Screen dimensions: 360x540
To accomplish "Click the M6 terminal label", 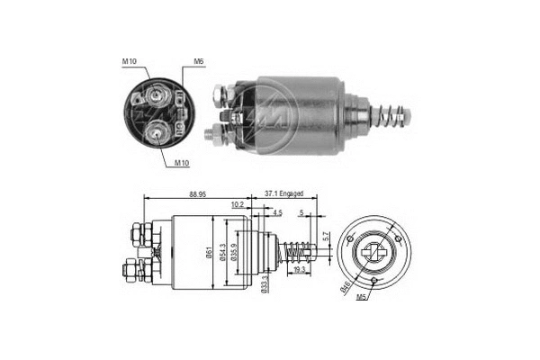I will click(x=198, y=63).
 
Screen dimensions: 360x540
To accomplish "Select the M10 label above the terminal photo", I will click(x=131, y=61).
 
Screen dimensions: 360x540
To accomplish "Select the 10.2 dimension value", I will click(x=237, y=205).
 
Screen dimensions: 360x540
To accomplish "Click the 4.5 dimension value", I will click(x=277, y=213).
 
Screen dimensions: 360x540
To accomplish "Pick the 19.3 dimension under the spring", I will click(x=299, y=269).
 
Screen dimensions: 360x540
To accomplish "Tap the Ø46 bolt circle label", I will click(x=345, y=288).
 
